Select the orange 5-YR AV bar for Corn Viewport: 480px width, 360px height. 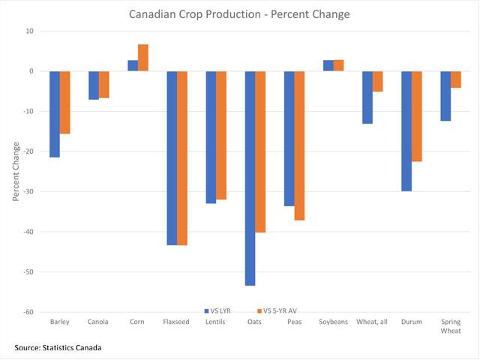pos(143,58)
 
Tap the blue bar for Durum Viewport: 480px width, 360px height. pos(406,131)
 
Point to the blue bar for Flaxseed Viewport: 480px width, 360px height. pos(172,158)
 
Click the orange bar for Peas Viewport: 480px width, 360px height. pos(299,145)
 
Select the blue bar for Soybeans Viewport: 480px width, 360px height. pos(328,65)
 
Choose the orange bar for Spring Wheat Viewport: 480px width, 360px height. pos(455,79)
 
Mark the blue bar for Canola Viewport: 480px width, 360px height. pos(94,85)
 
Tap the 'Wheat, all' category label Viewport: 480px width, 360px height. pos(372,322)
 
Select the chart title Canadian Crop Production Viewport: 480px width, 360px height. pos(239,14)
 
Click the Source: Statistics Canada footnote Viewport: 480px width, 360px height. pos(58,347)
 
